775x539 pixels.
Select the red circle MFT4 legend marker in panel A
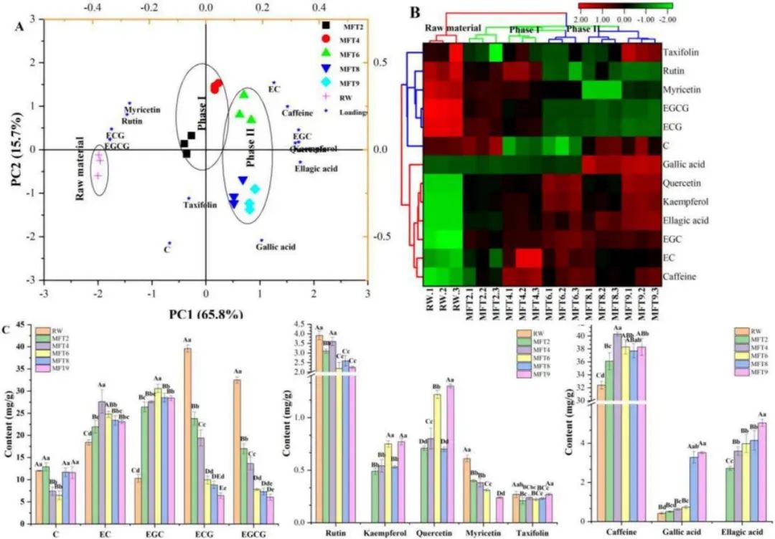click(x=327, y=38)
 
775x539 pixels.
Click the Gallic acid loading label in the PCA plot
click(x=275, y=247)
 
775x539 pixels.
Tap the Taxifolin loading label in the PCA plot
click(x=200, y=205)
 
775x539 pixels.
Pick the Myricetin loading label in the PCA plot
click(x=142, y=110)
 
